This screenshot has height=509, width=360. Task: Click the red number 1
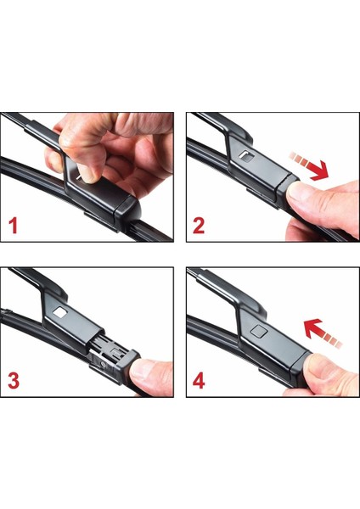click(x=13, y=226)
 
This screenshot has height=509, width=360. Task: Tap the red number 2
click(x=199, y=226)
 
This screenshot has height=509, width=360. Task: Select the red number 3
click(x=14, y=380)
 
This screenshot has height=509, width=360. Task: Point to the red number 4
click(x=199, y=380)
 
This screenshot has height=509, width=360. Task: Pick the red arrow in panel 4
click(x=323, y=333)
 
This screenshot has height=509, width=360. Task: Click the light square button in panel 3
click(x=59, y=312)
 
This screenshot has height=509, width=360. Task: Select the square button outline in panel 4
click(x=259, y=331)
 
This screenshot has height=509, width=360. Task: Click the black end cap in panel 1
click(x=128, y=211)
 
